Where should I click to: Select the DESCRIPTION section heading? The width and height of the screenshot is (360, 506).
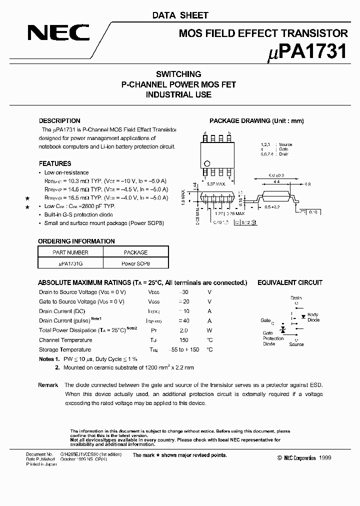pos(59,120)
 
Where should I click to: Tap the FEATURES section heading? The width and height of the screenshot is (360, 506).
pos(55,163)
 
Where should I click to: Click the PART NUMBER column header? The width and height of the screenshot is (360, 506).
pos(70,252)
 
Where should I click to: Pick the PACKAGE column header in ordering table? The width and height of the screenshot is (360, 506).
pos(135,252)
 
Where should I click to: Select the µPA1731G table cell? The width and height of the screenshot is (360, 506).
pos(70,262)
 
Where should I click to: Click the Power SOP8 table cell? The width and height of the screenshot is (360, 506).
pos(135,262)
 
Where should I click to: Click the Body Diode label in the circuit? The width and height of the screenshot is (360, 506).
pos(313,317)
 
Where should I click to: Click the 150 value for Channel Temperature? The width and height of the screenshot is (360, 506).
pos(183,340)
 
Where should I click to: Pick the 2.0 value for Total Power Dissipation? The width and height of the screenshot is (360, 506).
pos(183,330)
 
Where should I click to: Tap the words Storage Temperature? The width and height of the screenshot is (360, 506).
pos(65,349)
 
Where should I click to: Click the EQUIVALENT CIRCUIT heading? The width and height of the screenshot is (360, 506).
pos(289,282)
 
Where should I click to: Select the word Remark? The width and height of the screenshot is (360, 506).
pos(48,385)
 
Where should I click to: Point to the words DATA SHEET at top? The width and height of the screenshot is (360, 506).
pos(180,15)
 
